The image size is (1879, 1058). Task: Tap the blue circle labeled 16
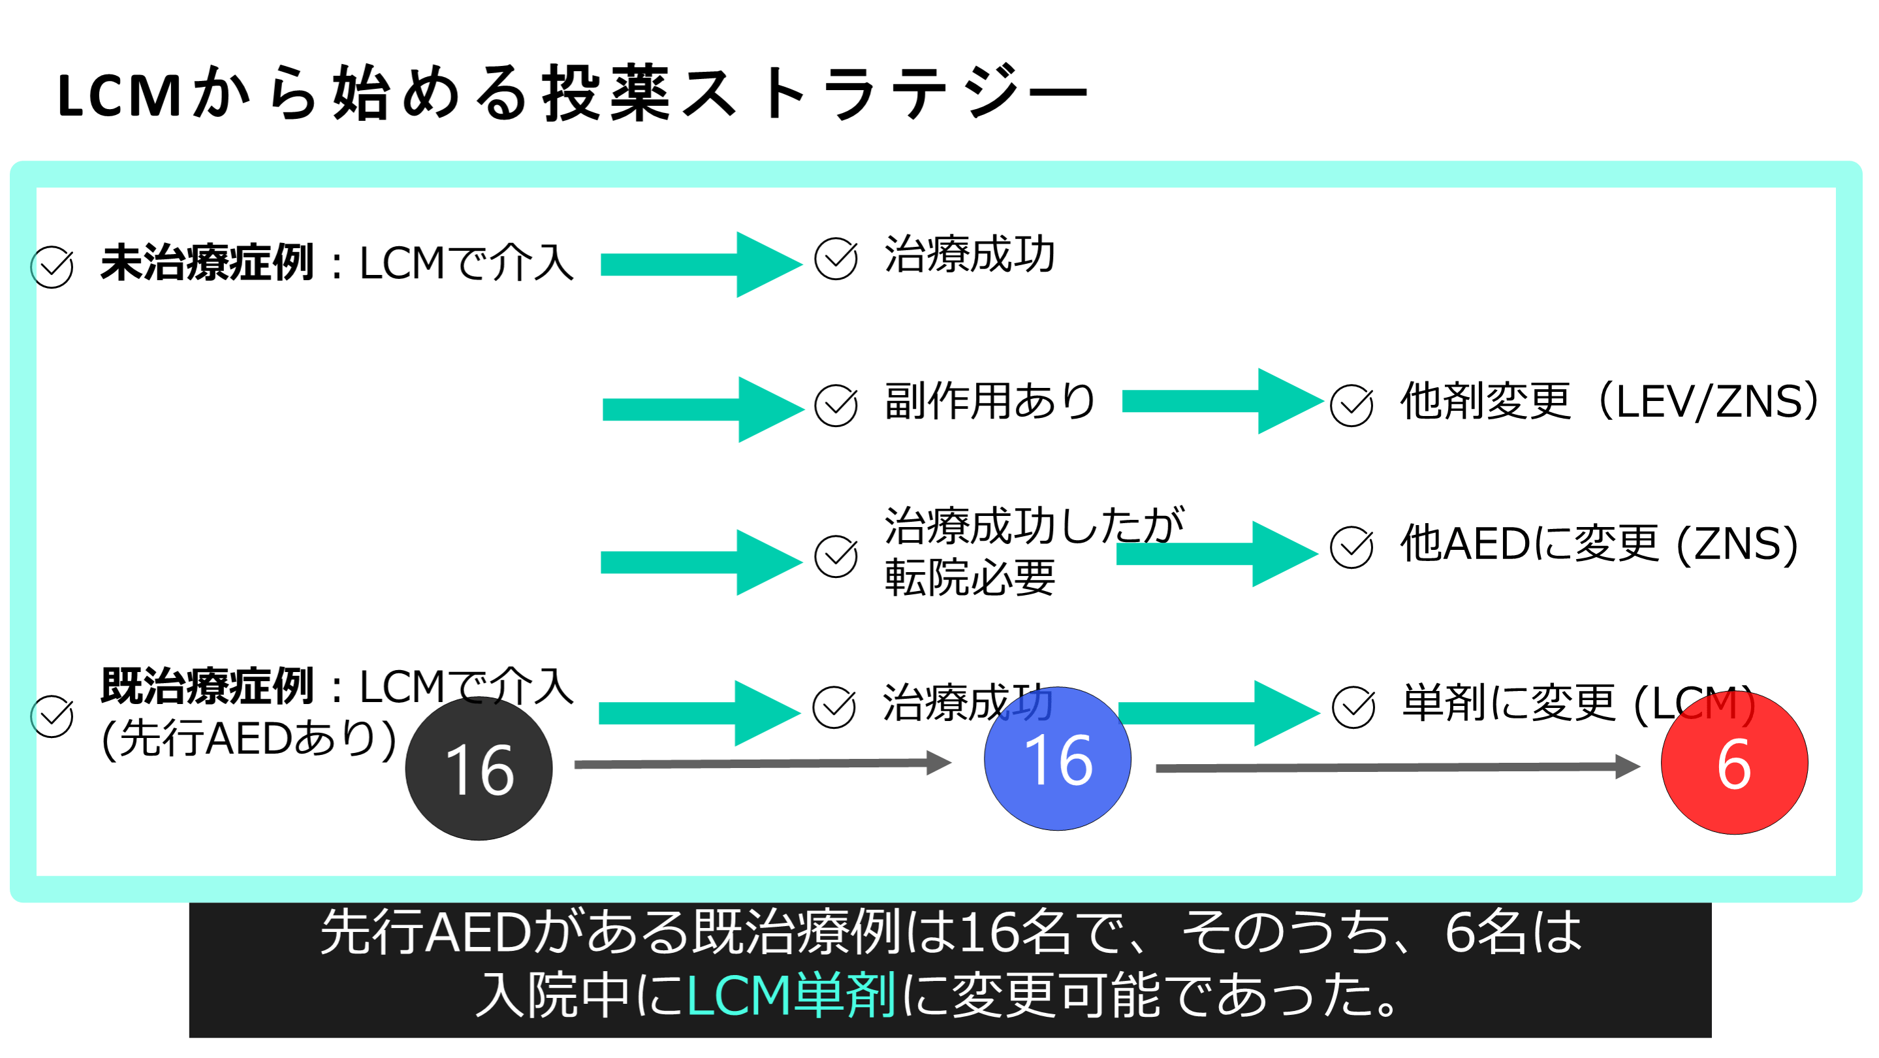click(1057, 759)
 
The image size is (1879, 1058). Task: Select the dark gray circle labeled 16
click(479, 769)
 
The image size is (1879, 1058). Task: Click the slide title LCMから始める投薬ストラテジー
click(573, 93)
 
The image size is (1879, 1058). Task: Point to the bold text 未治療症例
click(207, 263)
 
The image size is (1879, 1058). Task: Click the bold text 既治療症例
click(207, 686)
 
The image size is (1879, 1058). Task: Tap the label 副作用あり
click(989, 401)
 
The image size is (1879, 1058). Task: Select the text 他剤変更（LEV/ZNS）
click(1609, 401)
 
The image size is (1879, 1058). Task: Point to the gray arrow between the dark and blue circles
click(763, 763)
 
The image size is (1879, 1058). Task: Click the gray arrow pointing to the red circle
click(1397, 767)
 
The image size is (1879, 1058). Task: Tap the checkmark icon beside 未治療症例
click(52, 267)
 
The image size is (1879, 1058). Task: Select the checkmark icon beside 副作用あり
click(836, 406)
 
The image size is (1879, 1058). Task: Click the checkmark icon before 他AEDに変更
click(1351, 547)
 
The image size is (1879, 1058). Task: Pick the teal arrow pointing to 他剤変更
click(1222, 401)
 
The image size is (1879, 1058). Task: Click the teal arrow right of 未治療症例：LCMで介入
click(701, 264)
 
